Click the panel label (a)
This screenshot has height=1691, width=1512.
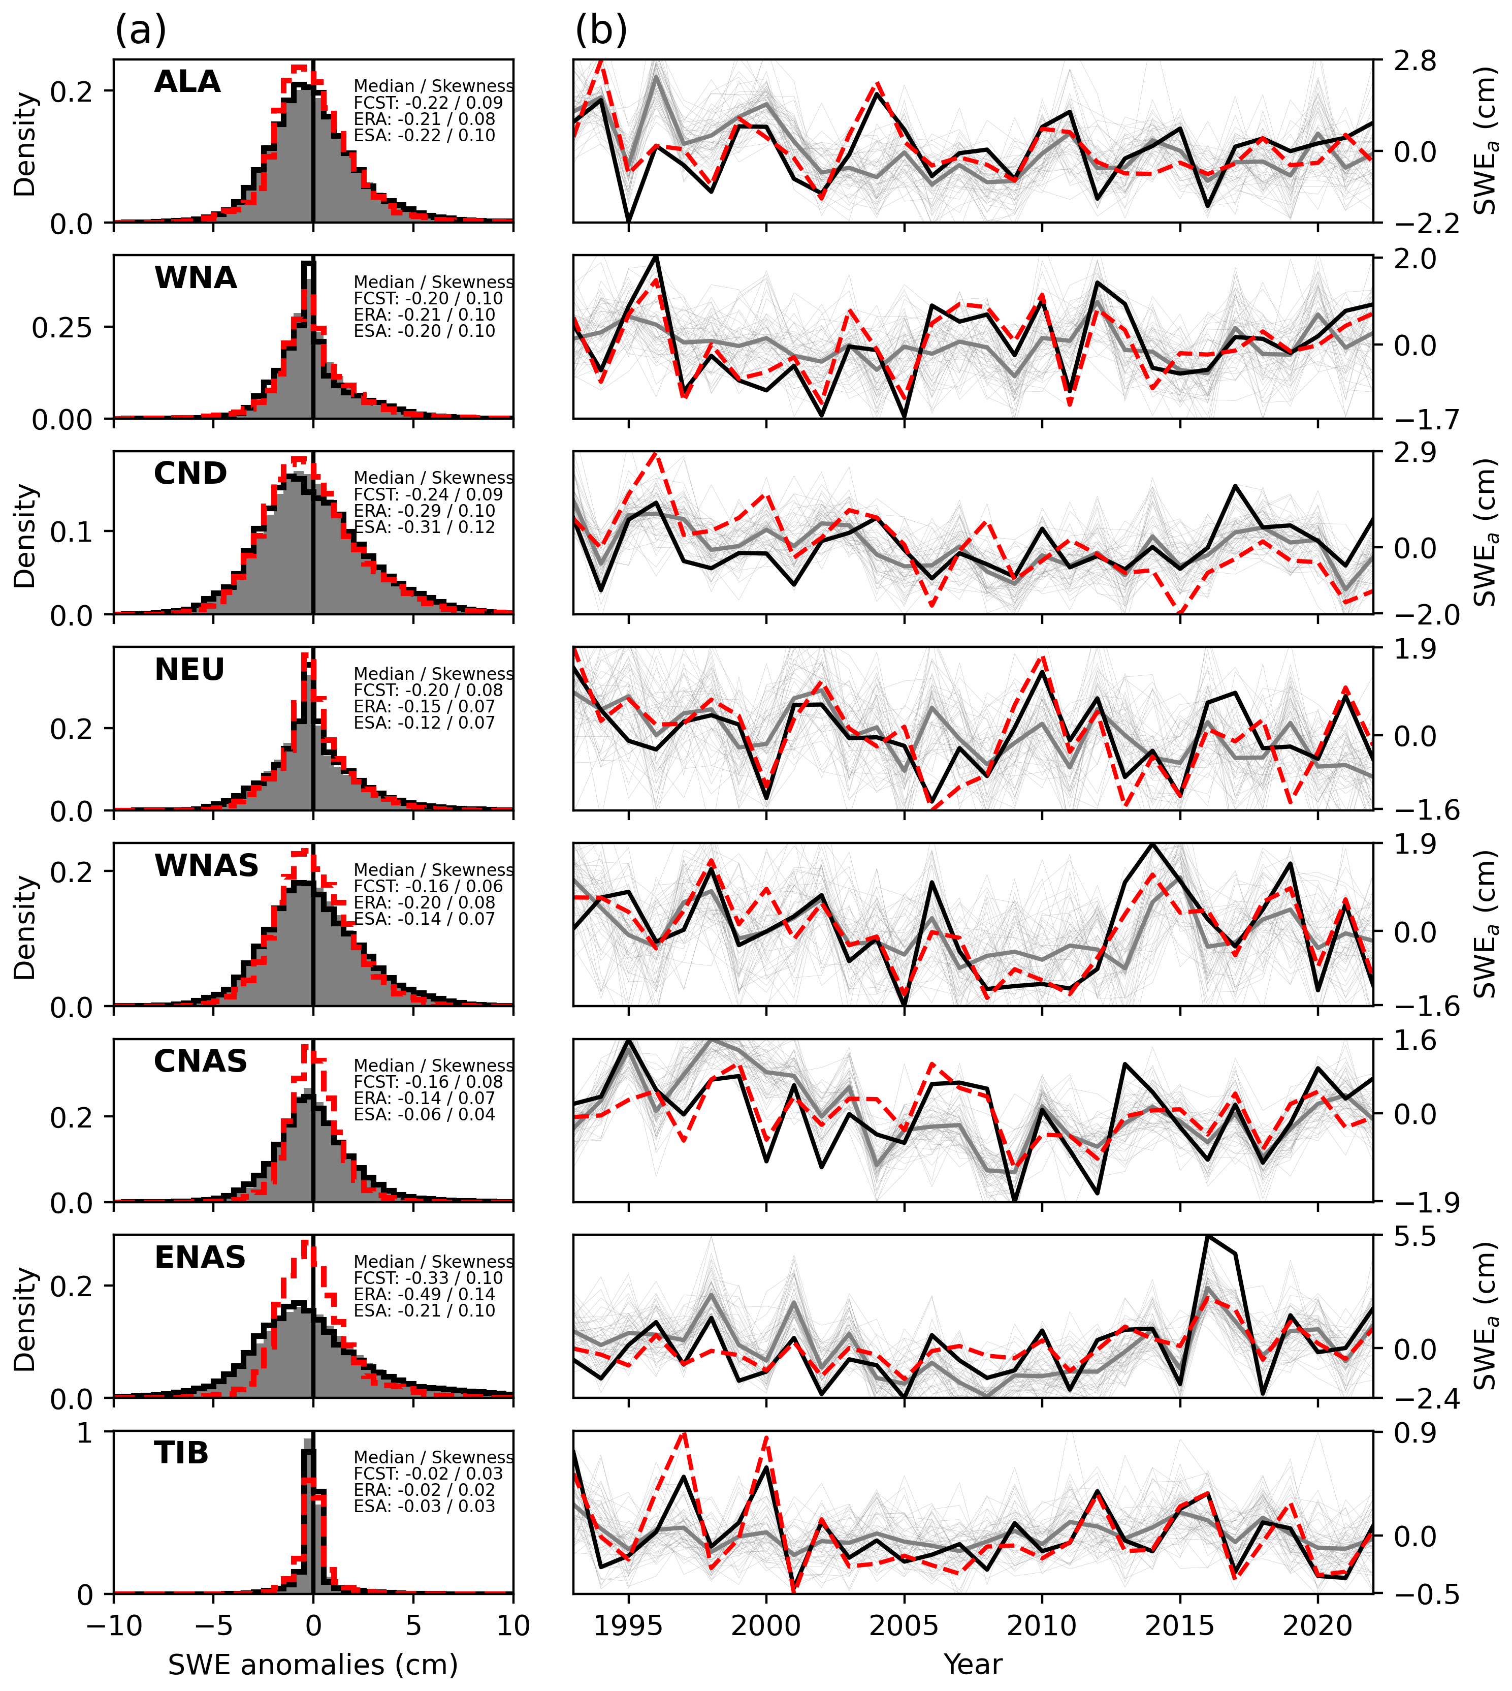pos(140,32)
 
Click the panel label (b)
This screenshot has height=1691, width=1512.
pos(601,32)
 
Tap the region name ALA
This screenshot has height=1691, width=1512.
pos(188,81)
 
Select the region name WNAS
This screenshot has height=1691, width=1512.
pos(207,866)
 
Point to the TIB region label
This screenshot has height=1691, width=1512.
pos(181,1453)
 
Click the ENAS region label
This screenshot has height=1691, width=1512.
pos(200,1257)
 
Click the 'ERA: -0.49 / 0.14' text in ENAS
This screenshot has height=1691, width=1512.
pos(425,1294)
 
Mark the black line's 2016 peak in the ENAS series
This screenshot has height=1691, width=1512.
pos(1208,1236)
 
